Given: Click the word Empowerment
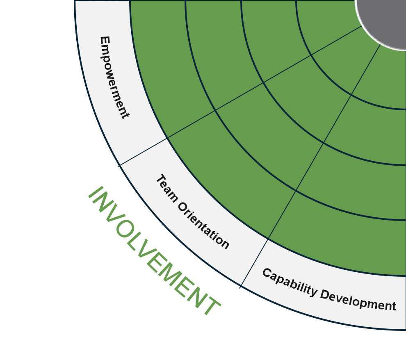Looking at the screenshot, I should point(114,77).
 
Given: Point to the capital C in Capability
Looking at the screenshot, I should point(268,273).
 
